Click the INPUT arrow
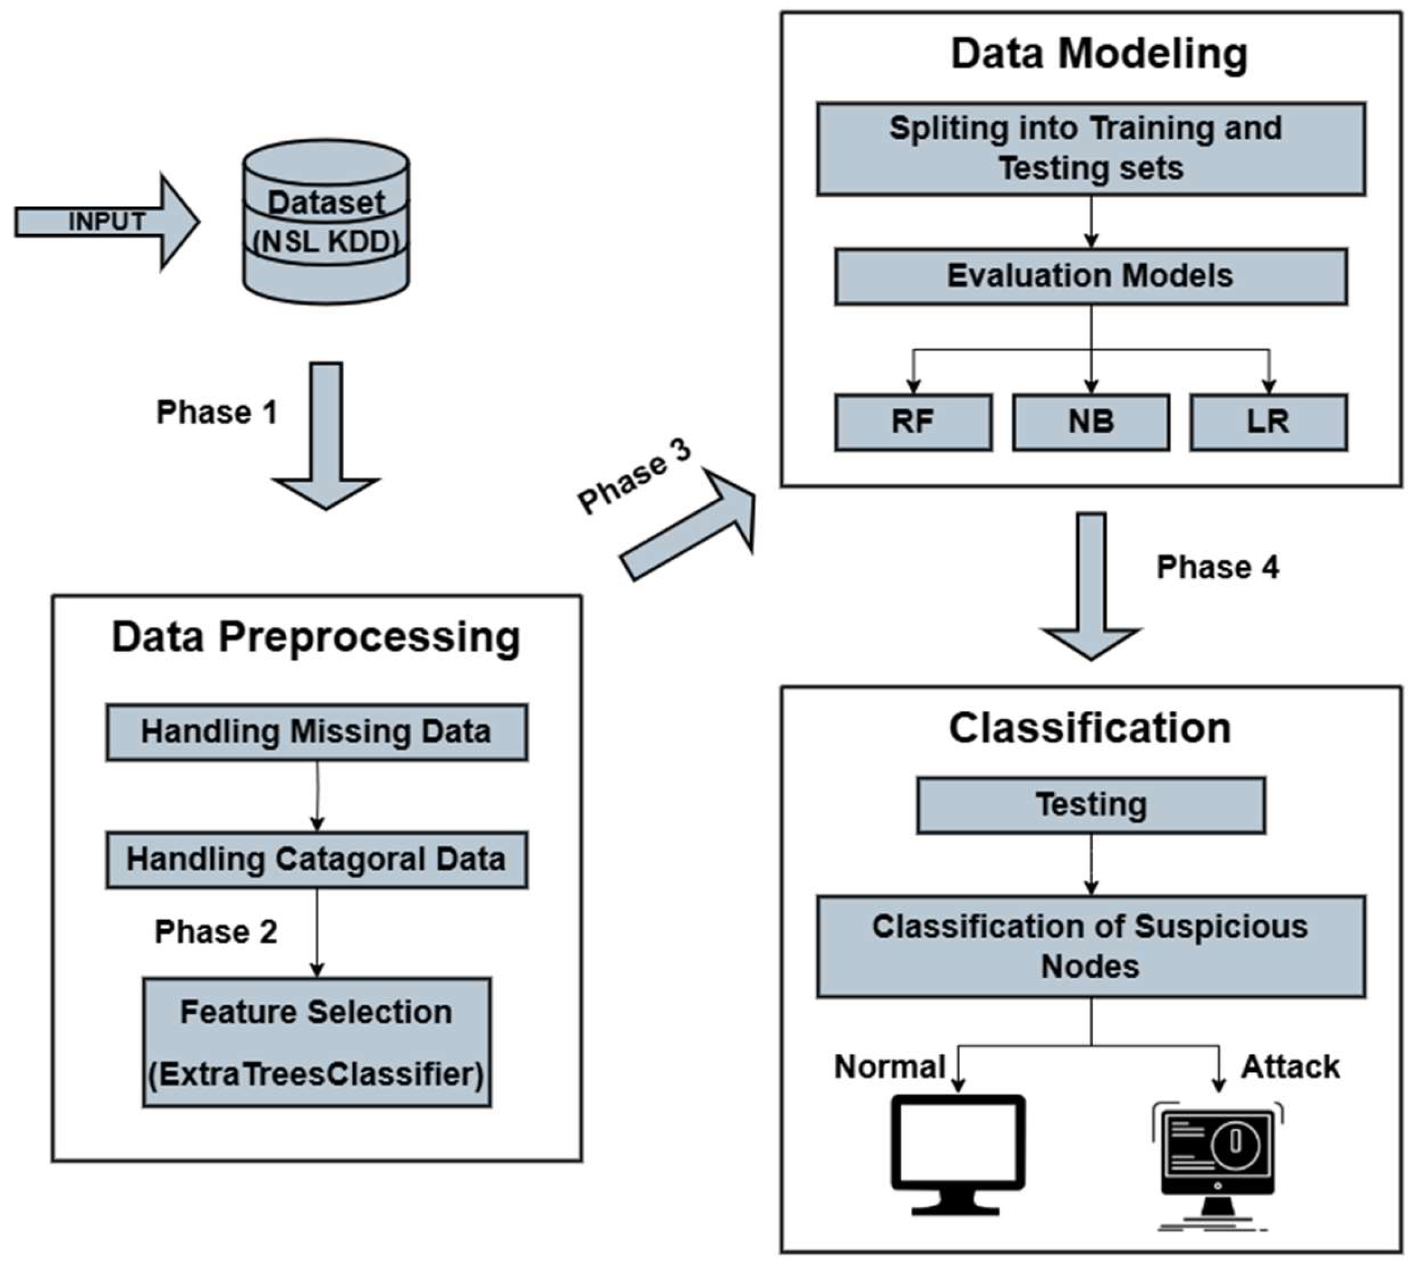pyautogui.click(x=104, y=222)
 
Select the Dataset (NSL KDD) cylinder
pyautogui.click(x=326, y=222)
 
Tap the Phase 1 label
pyautogui.click(x=217, y=412)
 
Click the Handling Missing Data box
pyautogui.click(x=317, y=732)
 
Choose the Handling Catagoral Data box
pyautogui.click(x=317, y=859)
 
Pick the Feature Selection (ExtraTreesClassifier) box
pyautogui.click(x=317, y=1042)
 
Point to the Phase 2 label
pyautogui.click(x=216, y=931)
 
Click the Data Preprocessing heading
pyautogui.click(x=316, y=637)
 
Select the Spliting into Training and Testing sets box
pyautogui.click(x=1090, y=148)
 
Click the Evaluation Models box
pyautogui.click(x=1090, y=276)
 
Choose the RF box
pyautogui.click(x=913, y=422)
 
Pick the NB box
pyautogui.click(x=1090, y=422)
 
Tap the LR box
pyautogui.click(x=1268, y=422)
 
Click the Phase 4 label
pyautogui.click(x=1217, y=567)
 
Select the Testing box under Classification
pyautogui.click(x=1090, y=805)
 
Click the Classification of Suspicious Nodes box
pyautogui.click(x=1090, y=946)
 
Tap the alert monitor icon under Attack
pyautogui.click(x=1217, y=1159)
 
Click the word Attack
pyautogui.click(x=1290, y=1067)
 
